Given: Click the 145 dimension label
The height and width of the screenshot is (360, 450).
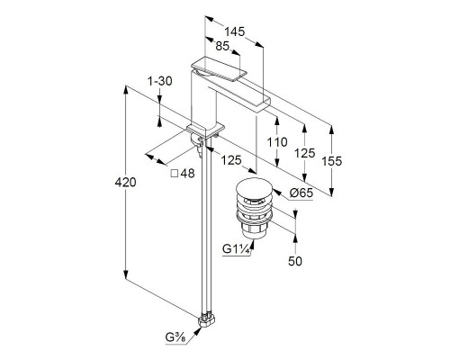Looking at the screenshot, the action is [x=235, y=31].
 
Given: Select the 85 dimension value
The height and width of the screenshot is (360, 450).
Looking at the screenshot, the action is [x=222, y=46].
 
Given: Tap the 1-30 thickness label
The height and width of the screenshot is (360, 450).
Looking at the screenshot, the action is [x=160, y=81].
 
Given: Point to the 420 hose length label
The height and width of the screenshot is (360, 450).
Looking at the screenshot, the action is [x=125, y=182].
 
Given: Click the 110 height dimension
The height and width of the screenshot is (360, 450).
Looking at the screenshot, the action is [x=277, y=142].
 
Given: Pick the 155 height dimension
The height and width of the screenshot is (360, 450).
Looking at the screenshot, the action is [x=331, y=161].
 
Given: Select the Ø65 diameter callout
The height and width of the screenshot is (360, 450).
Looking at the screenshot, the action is [x=301, y=193].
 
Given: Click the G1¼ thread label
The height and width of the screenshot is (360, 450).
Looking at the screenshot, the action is [x=237, y=249].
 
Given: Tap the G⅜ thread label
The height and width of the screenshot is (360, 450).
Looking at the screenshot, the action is [x=175, y=337].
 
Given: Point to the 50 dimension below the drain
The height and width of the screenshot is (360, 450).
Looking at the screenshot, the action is [x=295, y=261].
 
